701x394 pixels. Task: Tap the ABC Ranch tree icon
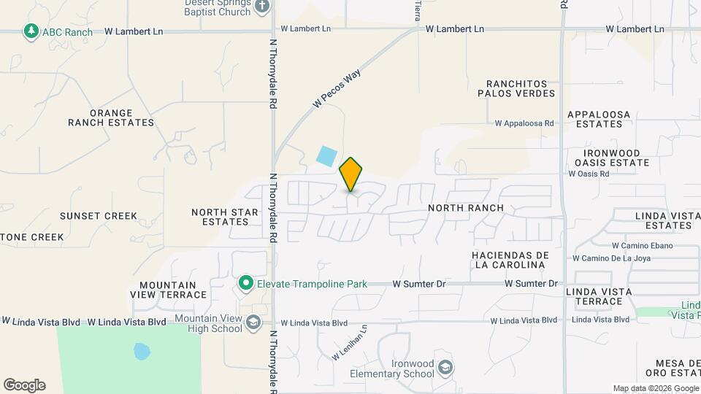31,31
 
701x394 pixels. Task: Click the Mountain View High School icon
253,322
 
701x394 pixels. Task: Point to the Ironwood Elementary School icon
444,368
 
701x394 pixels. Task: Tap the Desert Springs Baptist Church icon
262,7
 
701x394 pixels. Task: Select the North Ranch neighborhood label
466,208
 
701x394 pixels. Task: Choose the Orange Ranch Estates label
111,118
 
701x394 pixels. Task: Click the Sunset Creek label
99,216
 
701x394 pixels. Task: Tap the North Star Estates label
225,217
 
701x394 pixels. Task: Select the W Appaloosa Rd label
524,124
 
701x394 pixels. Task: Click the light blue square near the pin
326,155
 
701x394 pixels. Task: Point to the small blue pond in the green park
142,352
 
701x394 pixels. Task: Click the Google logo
24,385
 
